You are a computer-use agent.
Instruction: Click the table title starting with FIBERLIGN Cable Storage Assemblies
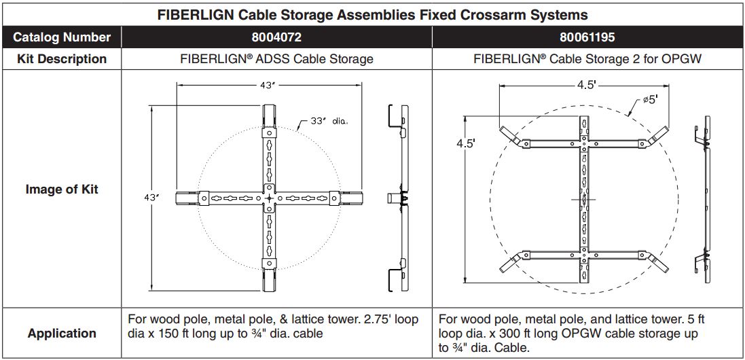click(373, 14)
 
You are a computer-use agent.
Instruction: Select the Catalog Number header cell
click(62, 37)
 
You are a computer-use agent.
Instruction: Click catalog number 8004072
click(276, 37)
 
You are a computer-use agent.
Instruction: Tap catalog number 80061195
click(587, 37)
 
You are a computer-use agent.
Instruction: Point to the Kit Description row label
click(62, 59)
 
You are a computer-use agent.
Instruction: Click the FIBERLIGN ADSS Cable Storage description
click(276, 59)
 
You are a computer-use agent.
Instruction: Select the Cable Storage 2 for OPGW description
click(587, 59)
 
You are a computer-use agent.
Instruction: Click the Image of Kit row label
click(62, 190)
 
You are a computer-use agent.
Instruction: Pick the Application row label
click(62, 334)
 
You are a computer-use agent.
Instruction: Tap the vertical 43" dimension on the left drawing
click(151, 198)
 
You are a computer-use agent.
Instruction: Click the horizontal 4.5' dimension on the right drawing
click(585, 86)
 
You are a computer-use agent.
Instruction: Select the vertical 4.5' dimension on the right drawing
click(465, 144)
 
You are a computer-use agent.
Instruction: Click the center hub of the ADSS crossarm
click(270, 198)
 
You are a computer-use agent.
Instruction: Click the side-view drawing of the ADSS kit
click(399, 198)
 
